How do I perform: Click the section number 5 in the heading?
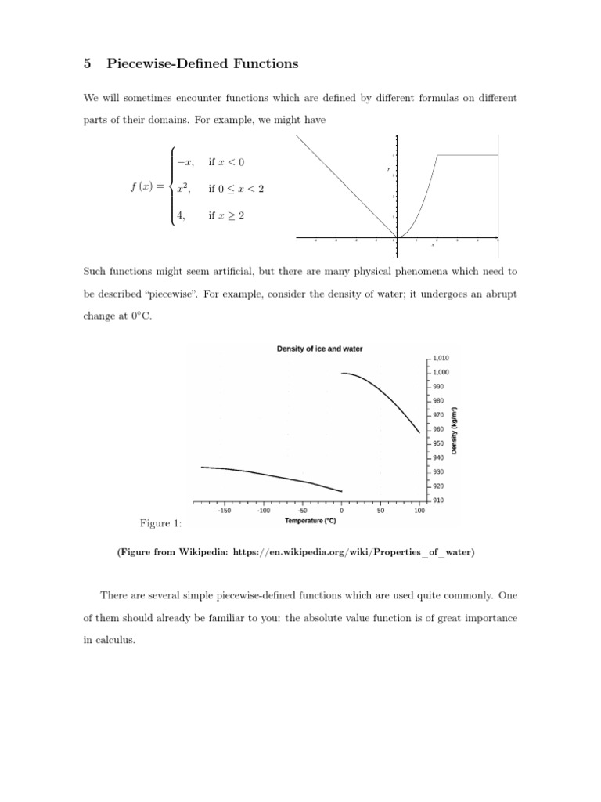[87, 64]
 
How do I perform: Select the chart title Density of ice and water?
[319, 349]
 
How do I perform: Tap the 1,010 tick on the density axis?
[441, 359]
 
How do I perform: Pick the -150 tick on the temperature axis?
[224, 511]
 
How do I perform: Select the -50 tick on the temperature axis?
[302, 511]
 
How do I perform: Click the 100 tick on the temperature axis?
[419, 511]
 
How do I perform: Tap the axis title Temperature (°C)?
[311, 521]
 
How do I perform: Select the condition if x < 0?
[227, 162]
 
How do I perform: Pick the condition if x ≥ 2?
[227, 216]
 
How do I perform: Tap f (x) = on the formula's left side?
[148, 189]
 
